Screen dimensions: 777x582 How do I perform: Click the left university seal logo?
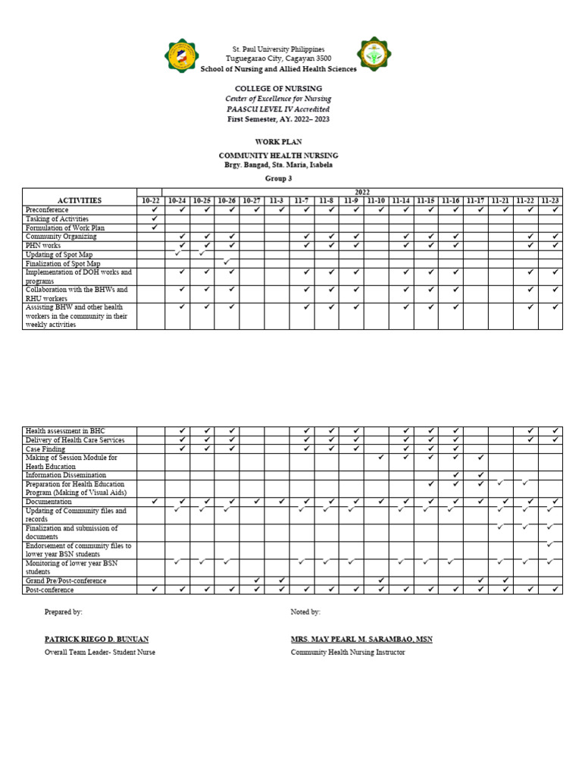pos(181,56)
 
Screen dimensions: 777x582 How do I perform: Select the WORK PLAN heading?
pos(278,142)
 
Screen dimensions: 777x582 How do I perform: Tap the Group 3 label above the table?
pos(278,178)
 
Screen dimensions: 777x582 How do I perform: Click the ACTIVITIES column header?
pos(80,200)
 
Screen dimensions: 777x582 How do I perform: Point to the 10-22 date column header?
pos(151,200)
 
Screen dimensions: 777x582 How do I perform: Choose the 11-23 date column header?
pos(550,200)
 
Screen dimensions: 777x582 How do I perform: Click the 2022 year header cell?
pos(362,192)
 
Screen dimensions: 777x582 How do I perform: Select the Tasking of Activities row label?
pos(57,219)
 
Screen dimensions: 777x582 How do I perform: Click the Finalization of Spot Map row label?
pos(62,263)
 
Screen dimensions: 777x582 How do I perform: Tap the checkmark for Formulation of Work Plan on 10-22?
pos(155,228)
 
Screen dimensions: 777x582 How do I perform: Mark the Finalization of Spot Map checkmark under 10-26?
pos(227,263)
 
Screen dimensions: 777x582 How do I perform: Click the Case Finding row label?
pos(47,448)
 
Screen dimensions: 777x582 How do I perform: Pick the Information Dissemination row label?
pos(66,475)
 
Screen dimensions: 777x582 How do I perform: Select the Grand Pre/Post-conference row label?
pos(66,580)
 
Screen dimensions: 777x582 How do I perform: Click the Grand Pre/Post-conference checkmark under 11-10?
pos(381,580)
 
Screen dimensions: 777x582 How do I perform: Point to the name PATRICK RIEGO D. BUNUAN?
pos(96,639)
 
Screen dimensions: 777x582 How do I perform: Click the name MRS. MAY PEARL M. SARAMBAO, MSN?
pos(361,639)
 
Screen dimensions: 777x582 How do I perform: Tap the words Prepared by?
pos(64,612)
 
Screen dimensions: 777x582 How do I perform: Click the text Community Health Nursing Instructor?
pos(348,652)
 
